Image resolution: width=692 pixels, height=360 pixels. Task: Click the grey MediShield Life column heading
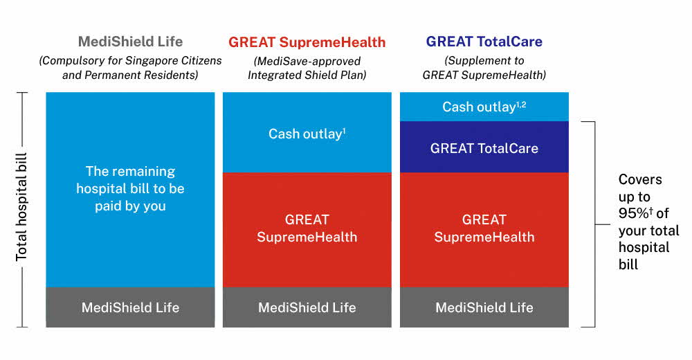pyautogui.click(x=130, y=42)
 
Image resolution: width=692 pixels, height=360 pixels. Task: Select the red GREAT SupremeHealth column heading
pyautogui.click(x=307, y=42)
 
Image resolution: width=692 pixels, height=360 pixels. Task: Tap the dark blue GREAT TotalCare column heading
pyautogui.click(x=484, y=42)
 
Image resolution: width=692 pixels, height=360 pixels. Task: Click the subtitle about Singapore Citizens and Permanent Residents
pyautogui.click(x=130, y=68)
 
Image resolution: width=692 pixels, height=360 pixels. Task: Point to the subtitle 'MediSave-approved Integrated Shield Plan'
pyautogui.click(x=307, y=68)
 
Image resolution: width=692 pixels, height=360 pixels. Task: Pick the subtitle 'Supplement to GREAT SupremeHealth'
pyautogui.click(x=484, y=68)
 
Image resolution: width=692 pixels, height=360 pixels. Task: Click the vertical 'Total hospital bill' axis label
pyautogui.click(x=21, y=207)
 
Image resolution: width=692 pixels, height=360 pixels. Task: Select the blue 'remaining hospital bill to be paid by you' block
pyautogui.click(x=130, y=190)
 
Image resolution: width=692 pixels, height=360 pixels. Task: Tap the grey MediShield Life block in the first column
pyautogui.click(x=130, y=307)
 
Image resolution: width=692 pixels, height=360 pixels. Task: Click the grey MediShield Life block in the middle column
pyautogui.click(x=307, y=307)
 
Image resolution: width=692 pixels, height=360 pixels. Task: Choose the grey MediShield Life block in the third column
pyautogui.click(x=484, y=307)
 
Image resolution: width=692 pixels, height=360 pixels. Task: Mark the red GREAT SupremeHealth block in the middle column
pyautogui.click(x=307, y=230)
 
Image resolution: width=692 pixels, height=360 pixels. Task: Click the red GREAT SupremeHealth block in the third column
pyautogui.click(x=484, y=230)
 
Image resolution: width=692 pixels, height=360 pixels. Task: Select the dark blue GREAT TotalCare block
pyautogui.click(x=484, y=147)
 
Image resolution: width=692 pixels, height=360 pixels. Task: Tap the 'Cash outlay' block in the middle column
pyautogui.click(x=307, y=132)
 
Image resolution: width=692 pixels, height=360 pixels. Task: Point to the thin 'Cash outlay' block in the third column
pyautogui.click(x=484, y=107)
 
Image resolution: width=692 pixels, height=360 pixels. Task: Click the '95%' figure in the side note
pyautogui.click(x=633, y=213)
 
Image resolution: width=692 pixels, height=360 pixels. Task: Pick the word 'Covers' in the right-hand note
pyautogui.click(x=640, y=179)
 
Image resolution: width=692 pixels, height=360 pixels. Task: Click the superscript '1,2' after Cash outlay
pyautogui.click(x=521, y=105)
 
